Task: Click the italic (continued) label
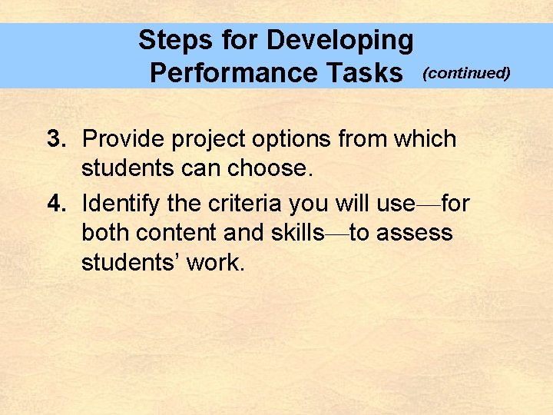click(x=467, y=73)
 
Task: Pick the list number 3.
click(x=55, y=139)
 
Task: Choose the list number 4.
click(x=55, y=204)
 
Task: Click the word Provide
click(x=124, y=139)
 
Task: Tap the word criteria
click(x=239, y=204)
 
